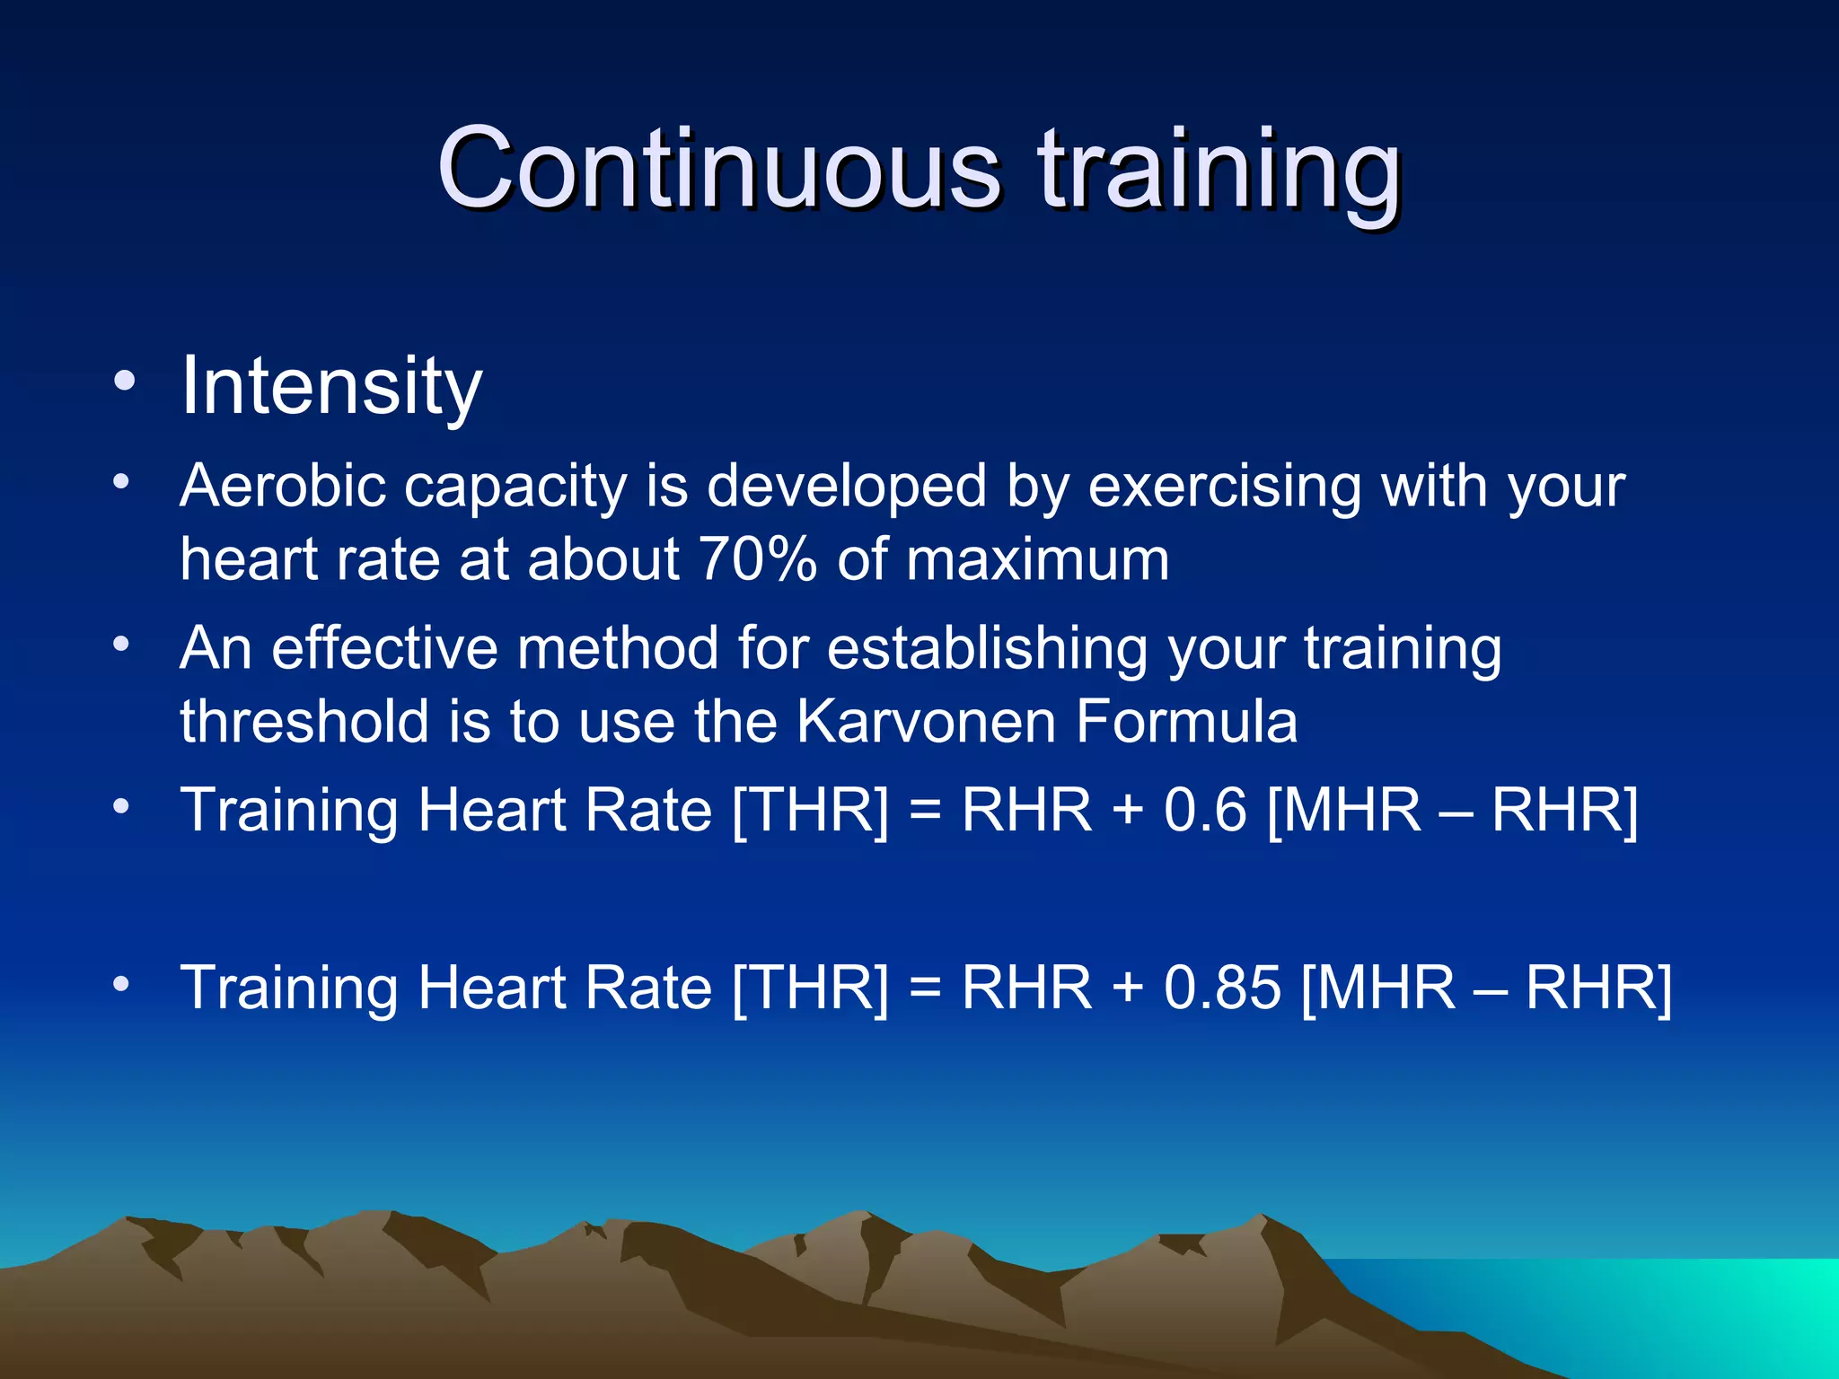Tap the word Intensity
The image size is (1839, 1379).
[x=331, y=386]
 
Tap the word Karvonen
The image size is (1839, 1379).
[x=926, y=722]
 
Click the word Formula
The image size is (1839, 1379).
[x=1186, y=722]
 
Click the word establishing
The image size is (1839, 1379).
[x=987, y=648]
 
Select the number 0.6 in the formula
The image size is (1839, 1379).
[x=1205, y=810]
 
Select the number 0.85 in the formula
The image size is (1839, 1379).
[x=1222, y=988]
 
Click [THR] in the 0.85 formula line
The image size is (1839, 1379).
[x=810, y=988]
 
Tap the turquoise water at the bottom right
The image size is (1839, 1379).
[x=1706, y=1311]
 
